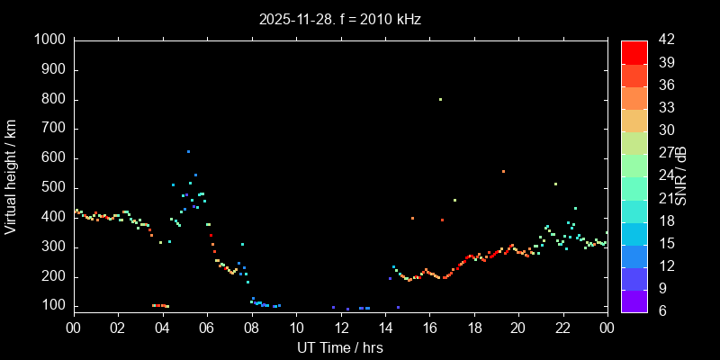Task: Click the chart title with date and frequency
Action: [339, 18]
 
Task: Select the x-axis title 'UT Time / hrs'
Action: [339, 347]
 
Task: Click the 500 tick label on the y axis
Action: [53, 188]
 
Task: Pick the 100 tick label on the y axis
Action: [53, 306]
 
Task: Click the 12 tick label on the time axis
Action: [339, 328]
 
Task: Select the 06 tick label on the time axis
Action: [206, 328]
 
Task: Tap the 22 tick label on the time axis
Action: [562, 328]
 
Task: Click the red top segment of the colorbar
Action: [634, 52]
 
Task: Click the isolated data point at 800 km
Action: [440, 100]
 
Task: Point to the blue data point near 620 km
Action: [188, 152]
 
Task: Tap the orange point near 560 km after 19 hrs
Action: [503, 171]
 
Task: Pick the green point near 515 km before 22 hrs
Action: [555, 184]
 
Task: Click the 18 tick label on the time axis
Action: [473, 328]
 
